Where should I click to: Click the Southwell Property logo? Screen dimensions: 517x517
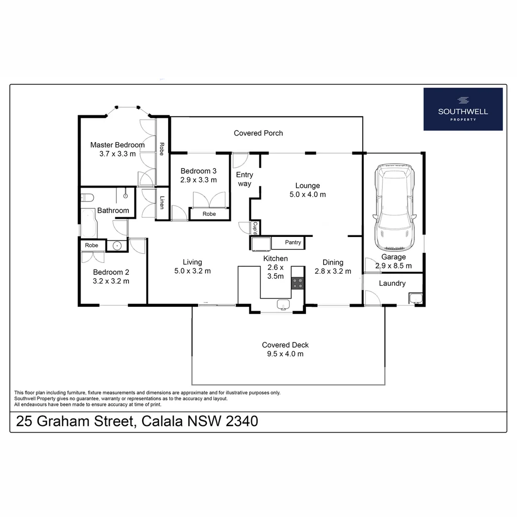coord(463,109)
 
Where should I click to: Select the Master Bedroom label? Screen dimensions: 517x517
coord(117,145)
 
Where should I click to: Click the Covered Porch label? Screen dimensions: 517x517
coord(258,133)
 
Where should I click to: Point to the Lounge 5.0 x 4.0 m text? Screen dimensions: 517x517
coord(307,190)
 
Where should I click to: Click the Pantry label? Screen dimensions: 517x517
coord(293,243)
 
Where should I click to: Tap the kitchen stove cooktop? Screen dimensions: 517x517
coord(298,283)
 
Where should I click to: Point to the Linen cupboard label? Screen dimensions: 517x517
coord(162,203)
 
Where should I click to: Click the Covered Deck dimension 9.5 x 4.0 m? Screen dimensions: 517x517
coord(285,354)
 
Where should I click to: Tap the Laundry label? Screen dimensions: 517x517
coord(392,283)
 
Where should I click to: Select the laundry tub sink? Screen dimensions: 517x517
coord(415,299)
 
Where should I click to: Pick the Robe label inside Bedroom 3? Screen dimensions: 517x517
coord(209,214)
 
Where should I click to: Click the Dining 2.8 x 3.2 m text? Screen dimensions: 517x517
coord(333,267)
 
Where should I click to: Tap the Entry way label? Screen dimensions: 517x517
coord(244,179)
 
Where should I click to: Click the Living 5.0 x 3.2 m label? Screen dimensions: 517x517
coord(192,266)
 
